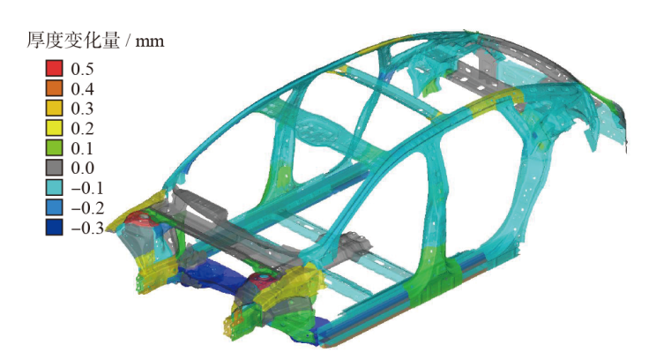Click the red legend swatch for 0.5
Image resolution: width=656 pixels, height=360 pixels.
[x=55, y=69]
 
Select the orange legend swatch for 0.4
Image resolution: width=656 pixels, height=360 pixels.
[x=55, y=88]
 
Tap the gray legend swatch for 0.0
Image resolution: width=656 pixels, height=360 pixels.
[x=55, y=168]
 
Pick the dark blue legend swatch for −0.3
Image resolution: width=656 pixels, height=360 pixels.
[x=55, y=228]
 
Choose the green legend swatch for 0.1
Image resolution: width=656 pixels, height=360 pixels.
[x=55, y=148]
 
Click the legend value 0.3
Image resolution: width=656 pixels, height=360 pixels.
[x=82, y=109]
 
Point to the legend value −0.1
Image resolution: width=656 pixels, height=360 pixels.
[x=87, y=188]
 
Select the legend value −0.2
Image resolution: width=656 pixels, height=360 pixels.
[x=87, y=208]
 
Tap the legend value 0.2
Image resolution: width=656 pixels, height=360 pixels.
[x=82, y=129]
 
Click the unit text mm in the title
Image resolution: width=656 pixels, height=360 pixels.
[x=150, y=41]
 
